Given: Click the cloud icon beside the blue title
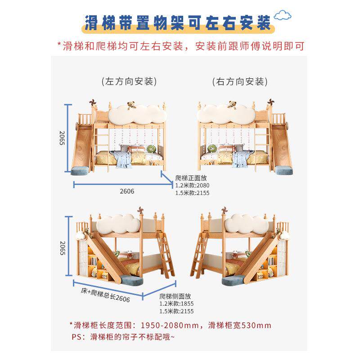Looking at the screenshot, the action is click(283, 15).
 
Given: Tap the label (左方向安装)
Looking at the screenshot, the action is click(129, 81).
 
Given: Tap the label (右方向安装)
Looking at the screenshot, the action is click(240, 81).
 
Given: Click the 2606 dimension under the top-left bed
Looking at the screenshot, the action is click(127, 191).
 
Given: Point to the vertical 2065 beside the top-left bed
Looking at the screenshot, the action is click(62, 138).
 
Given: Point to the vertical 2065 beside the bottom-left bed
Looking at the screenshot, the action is click(63, 248).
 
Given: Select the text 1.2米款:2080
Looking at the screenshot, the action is click(192, 185).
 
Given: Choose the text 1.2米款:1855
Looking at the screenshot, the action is click(176, 303).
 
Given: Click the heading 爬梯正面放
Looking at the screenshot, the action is click(191, 178).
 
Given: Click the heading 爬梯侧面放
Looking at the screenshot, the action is click(175, 296).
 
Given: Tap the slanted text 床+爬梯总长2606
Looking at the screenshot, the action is click(105, 295).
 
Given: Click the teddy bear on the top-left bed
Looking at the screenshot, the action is click(132, 105).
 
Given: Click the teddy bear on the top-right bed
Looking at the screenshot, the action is click(232, 105).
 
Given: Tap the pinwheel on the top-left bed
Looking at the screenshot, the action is click(93, 103).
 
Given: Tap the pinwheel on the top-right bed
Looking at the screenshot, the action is click(271, 103).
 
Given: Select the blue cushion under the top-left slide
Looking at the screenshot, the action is click(81, 171).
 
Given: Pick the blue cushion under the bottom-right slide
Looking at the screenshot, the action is click(233, 280).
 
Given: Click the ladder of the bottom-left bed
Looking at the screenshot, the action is click(166, 254).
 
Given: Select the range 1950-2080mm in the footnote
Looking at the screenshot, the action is click(170, 325).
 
